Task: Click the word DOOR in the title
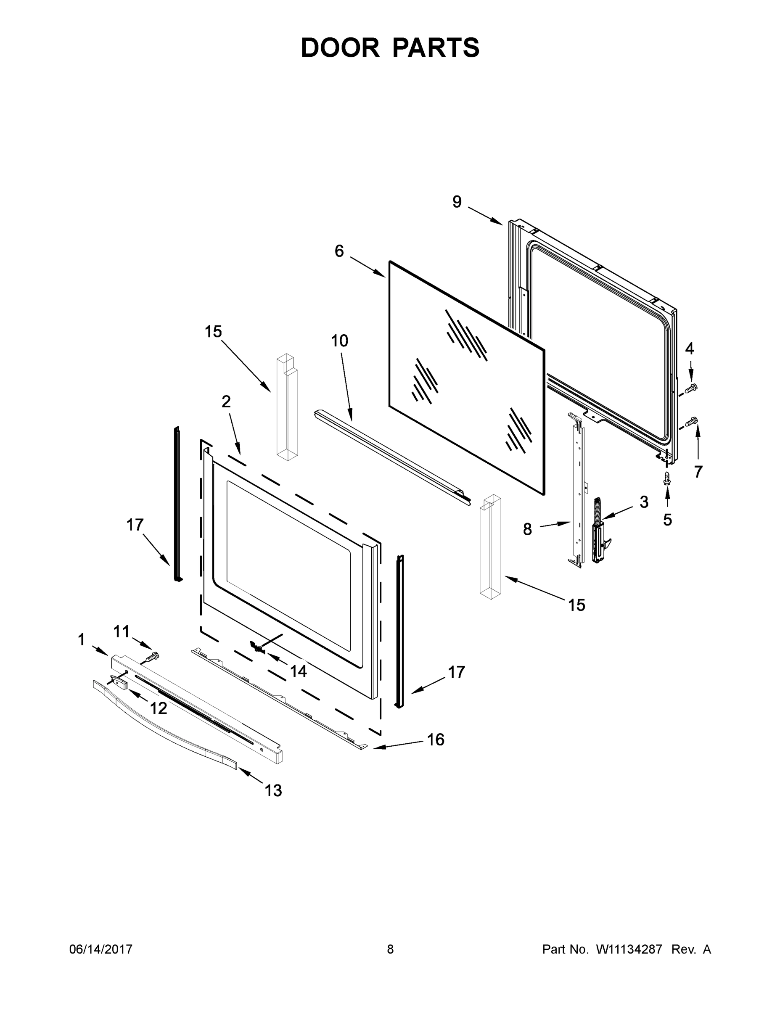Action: pos(340,48)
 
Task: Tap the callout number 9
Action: pos(457,202)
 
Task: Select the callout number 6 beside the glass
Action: pos(339,251)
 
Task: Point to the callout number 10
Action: pos(340,341)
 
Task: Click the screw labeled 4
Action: pos(691,388)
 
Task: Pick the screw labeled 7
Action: pos(691,421)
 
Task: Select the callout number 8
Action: pos(527,529)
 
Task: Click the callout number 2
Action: pos(226,401)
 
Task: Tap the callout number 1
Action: pos(81,640)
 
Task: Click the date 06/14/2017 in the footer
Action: pos(101,949)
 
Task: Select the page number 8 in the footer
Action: pos(390,949)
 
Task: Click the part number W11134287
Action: pos(629,949)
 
